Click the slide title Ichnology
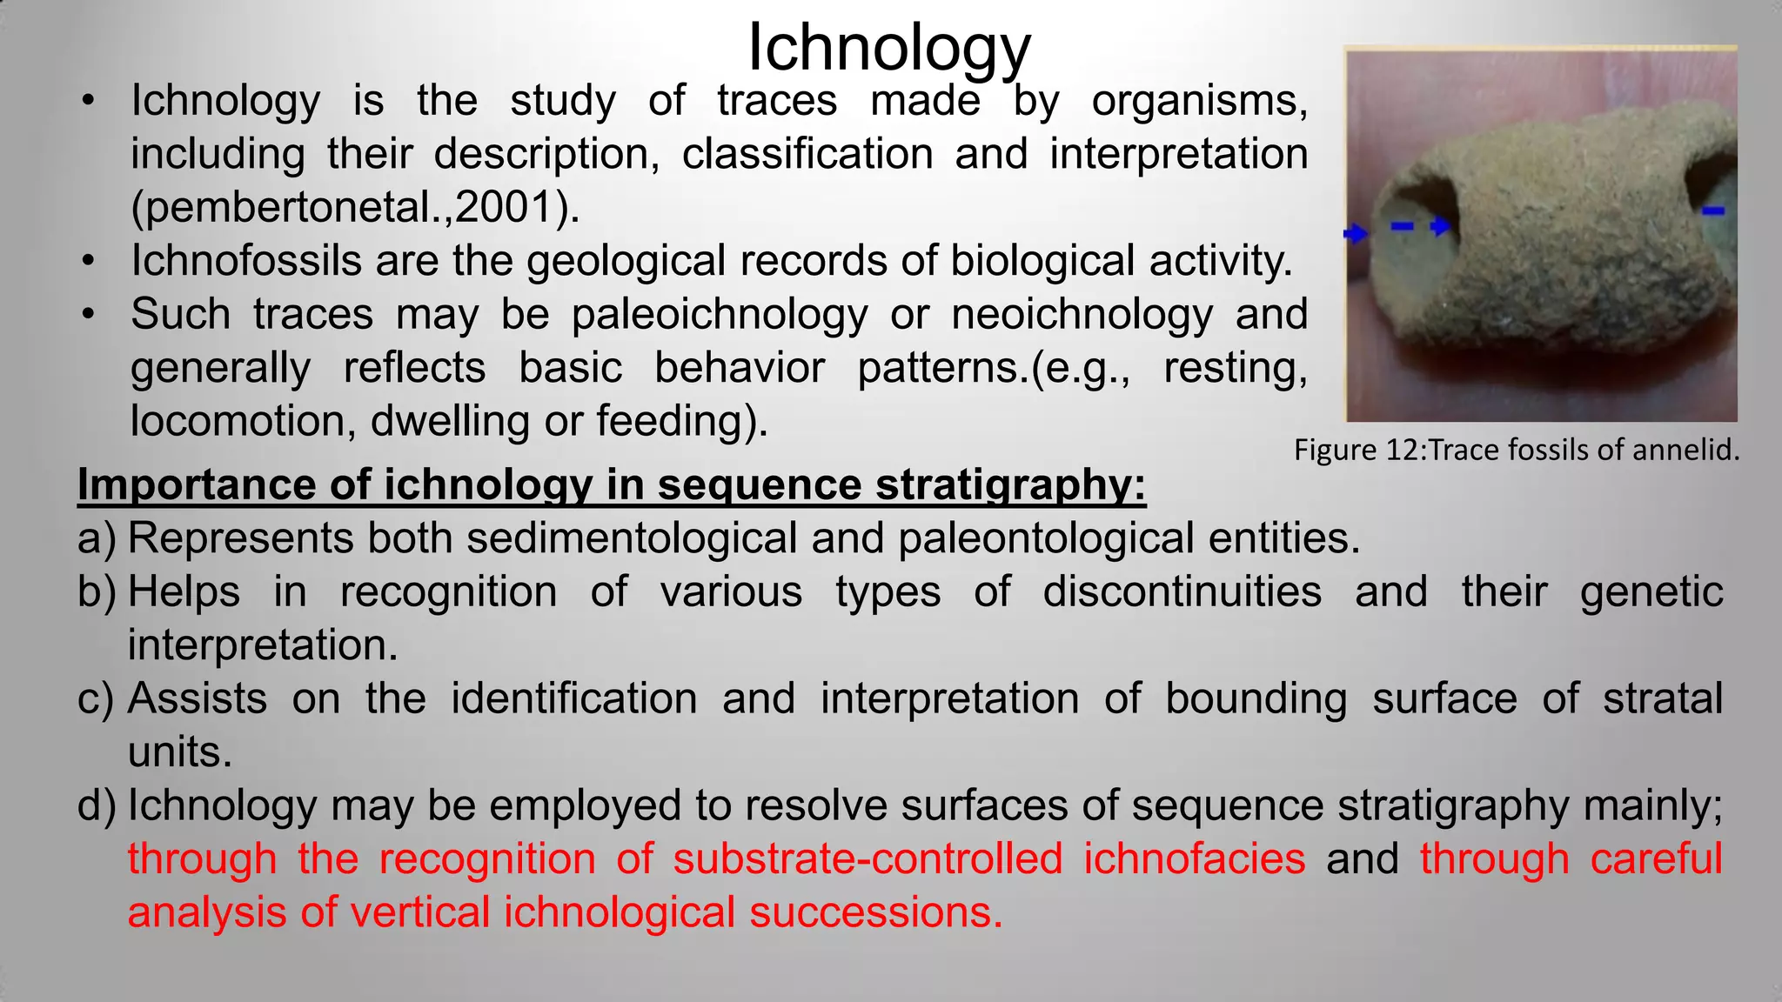click(x=888, y=48)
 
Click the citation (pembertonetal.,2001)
click(x=355, y=207)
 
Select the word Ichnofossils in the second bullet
click(x=245, y=261)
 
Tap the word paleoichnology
click(x=720, y=314)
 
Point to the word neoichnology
click(x=1082, y=314)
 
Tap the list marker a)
click(x=96, y=538)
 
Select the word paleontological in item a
click(x=1045, y=538)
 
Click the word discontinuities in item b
click(x=1182, y=592)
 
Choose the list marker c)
click(x=96, y=699)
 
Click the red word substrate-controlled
click(x=868, y=859)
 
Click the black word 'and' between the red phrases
click(x=1362, y=859)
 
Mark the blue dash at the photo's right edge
click(x=1712, y=210)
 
